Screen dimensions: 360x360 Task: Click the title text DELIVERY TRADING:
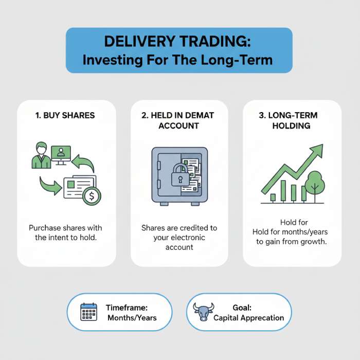coord(179,42)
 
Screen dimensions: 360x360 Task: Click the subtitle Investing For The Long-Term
coord(179,60)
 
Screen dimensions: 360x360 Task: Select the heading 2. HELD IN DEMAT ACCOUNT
coord(178,121)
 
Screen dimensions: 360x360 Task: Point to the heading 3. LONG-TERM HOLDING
coord(292,121)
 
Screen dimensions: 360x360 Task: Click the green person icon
coord(41,156)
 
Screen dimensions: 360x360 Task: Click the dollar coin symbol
coord(92,196)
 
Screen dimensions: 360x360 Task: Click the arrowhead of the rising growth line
coord(317,150)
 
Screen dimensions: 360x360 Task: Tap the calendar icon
coord(88,312)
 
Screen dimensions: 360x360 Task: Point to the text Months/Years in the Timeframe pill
coord(132,318)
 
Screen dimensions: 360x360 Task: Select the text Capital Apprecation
coord(249,318)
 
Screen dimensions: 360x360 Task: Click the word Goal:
coord(241,308)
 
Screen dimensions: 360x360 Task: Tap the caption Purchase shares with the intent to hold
coord(65,232)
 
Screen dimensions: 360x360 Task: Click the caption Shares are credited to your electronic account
coord(179,238)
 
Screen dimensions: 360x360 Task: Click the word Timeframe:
coord(127,308)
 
